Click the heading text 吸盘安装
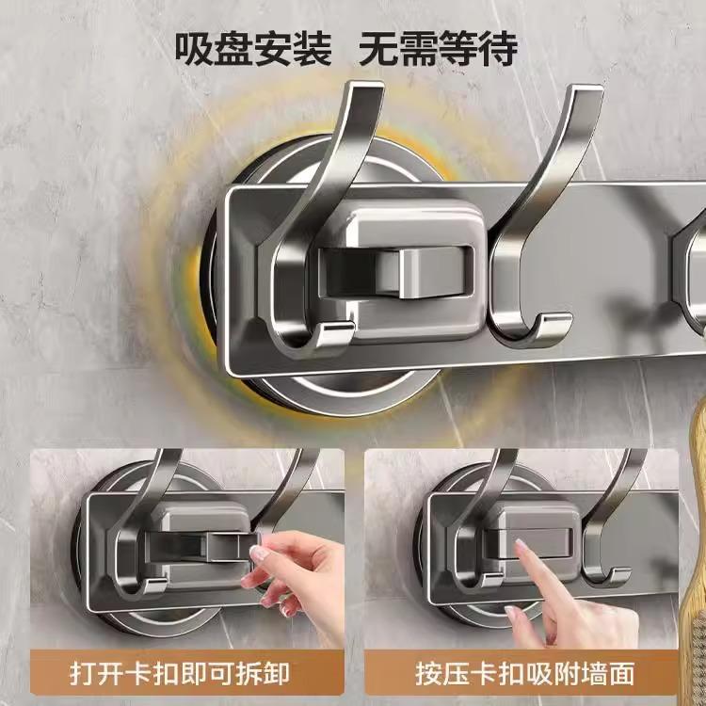point(253,49)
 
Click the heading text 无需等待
point(438,49)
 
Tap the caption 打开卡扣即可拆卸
point(180,674)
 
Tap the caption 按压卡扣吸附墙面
point(524,674)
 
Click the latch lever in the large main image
point(436,271)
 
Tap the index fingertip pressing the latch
point(521,546)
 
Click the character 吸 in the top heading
point(194,49)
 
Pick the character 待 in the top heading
point(498,49)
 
